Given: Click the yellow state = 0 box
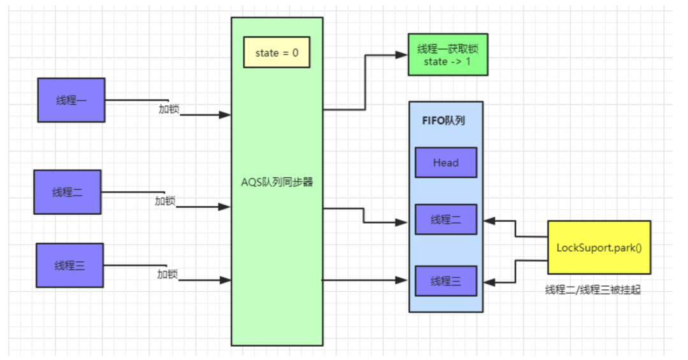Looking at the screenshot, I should [x=276, y=53].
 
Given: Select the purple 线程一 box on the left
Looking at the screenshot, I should [x=71, y=100].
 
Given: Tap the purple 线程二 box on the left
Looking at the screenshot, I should [x=67, y=192].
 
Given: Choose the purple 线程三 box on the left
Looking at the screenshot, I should [x=69, y=265].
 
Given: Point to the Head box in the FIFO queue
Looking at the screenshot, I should [x=445, y=162].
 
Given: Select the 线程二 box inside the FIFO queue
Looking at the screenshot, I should [x=445, y=220].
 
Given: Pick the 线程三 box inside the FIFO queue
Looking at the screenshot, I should [x=445, y=280].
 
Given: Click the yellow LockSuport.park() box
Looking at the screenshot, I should [x=599, y=247].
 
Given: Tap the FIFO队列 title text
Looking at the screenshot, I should [x=443, y=120].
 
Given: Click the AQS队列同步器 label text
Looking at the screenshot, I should [x=276, y=182].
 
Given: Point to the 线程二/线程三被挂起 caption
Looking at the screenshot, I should [x=592, y=289].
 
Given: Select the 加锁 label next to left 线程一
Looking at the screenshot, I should [x=169, y=109].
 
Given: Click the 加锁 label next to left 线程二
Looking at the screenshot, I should [x=165, y=201].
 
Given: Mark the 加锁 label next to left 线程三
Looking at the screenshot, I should [x=167, y=274].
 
